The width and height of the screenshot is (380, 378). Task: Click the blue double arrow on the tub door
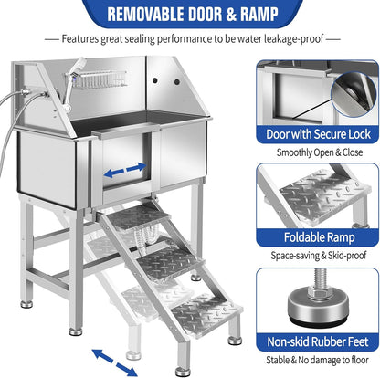point(124,171)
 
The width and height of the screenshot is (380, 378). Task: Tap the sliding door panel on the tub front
point(128,173)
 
